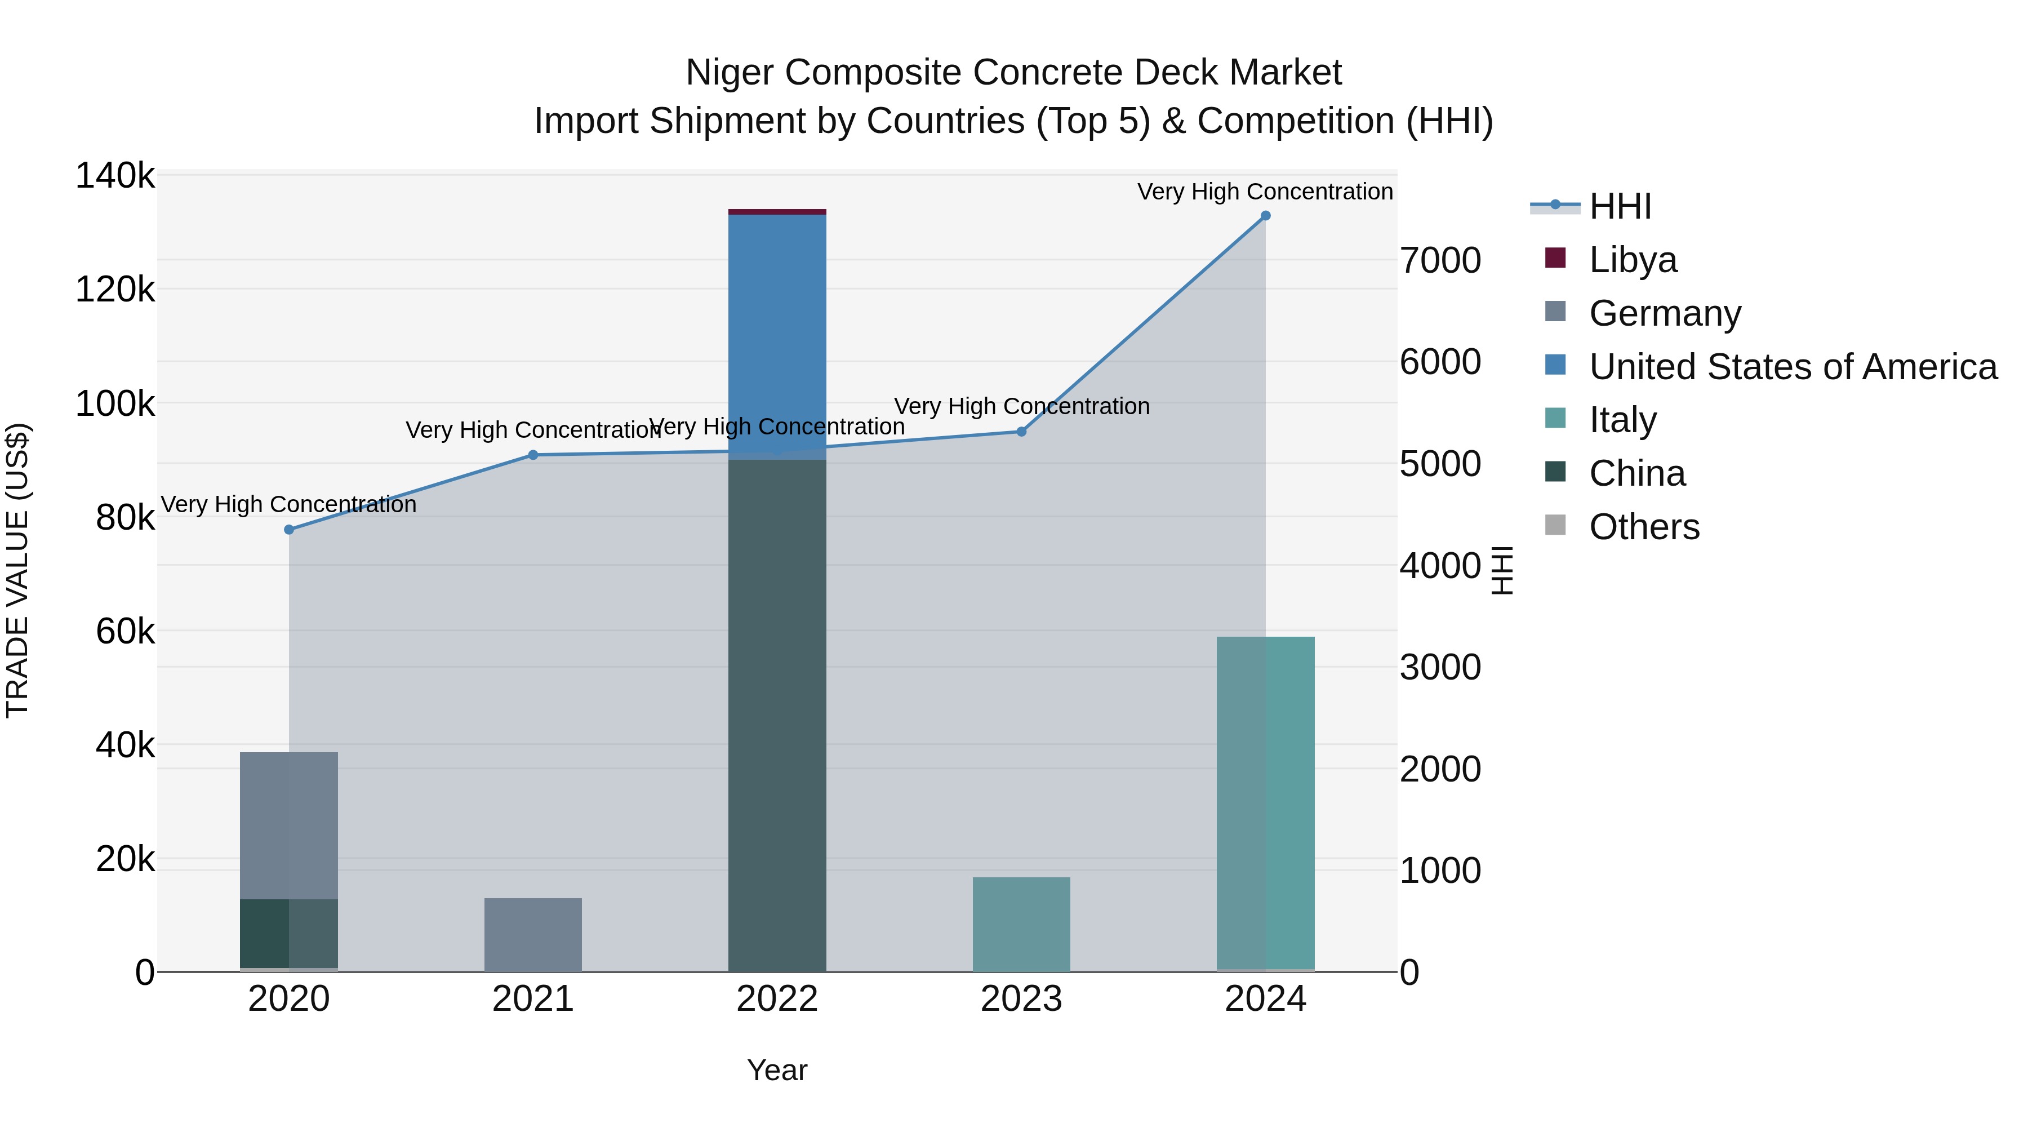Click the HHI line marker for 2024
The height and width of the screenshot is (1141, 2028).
[x=1265, y=216]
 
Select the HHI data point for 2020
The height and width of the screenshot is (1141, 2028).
[x=289, y=530]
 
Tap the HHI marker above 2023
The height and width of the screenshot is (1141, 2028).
[x=1021, y=432]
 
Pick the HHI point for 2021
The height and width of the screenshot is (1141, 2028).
[x=533, y=455]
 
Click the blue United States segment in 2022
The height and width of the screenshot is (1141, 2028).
[x=777, y=331]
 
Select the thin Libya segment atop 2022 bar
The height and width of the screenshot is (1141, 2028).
[x=777, y=212]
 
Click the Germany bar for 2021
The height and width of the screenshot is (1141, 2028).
[x=533, y=935]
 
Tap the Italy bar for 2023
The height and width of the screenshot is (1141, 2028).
[x=1021, y=925]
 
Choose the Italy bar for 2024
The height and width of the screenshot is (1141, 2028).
[x=1265, y=803]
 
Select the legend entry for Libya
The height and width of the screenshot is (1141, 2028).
[x=1632, y=260]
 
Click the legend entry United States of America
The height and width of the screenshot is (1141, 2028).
[x=1793, y=367]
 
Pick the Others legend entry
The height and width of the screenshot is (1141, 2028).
[x=1644, y=527]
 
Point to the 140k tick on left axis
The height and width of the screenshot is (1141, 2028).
[x=115, y=176]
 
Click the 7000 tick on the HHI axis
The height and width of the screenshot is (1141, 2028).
[x=1440, y=261]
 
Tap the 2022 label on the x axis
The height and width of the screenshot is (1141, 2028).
[x=777, y=999]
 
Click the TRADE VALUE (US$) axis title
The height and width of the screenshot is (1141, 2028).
[x=17, y=570]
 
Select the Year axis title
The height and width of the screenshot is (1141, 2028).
[x=777, y=1070]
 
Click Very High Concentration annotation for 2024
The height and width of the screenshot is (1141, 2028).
[x=1265, y=192]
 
